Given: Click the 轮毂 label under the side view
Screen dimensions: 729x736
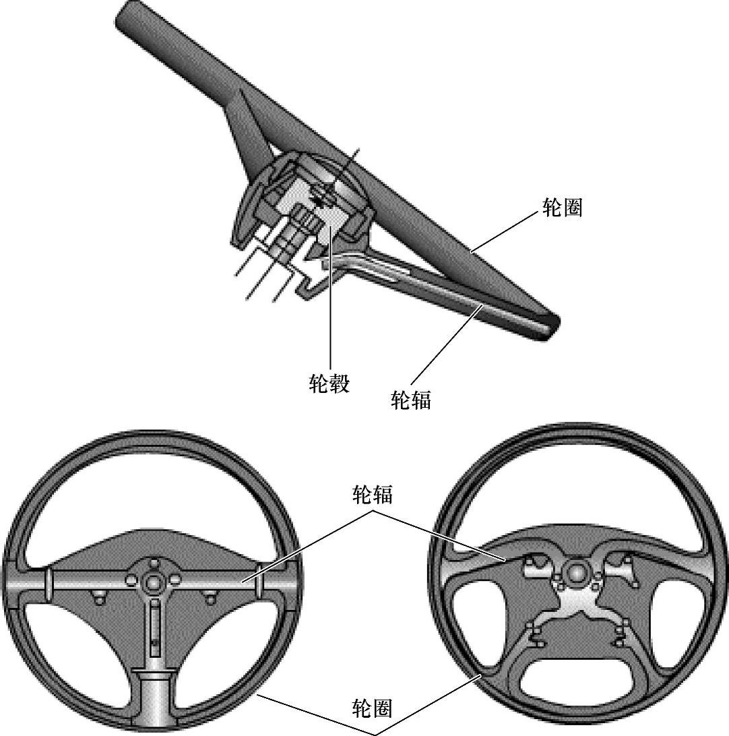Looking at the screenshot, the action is pyautogui.click(x=329, y=384).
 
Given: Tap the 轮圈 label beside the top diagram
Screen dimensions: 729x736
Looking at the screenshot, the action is pyautogui.click(x=562, y=208).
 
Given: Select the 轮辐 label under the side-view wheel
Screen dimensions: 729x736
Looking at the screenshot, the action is pyautogui.click(x=411, y=400).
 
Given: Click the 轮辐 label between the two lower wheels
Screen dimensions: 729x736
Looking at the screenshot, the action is pyautogui.click(x=373, y=495).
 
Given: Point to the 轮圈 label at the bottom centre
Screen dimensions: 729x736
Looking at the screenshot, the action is pyautogui.click(x=373, y=708).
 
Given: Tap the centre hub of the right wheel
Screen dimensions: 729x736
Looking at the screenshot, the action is pyautogui.click(x=577, y=572).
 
